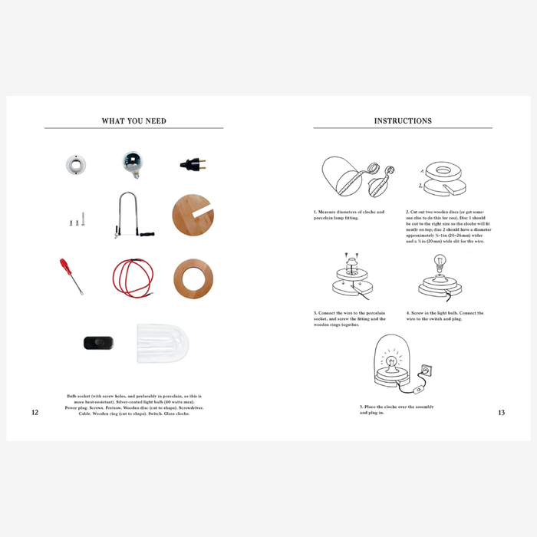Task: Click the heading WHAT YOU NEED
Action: (133, 121)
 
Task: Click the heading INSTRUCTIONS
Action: (403, 121)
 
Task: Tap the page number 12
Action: (35, 413)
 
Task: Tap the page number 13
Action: (501, 413)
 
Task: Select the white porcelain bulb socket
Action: (76, 163)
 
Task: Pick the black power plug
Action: (192, 163)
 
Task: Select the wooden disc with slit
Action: (193, 216)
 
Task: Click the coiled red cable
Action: (133, 277)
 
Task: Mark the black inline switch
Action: (98, 343)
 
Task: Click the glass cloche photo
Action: (162, 343)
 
